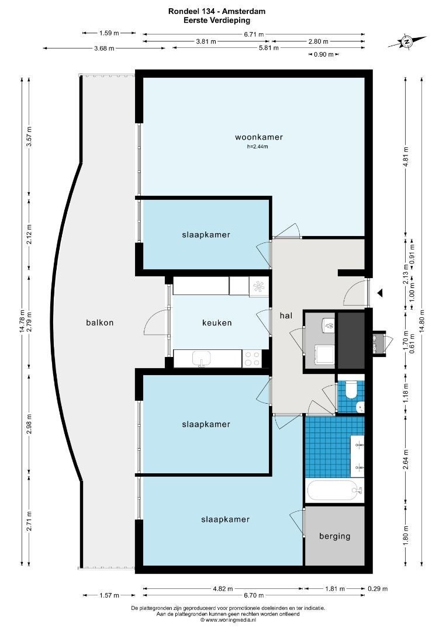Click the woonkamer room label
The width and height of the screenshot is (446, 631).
point(259,137)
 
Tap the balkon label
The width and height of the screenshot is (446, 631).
point(100,323)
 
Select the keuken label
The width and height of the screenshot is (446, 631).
point(217,323)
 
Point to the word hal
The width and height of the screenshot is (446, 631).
point(286,315)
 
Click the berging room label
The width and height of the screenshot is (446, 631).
point(335,536)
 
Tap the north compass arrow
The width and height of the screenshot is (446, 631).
point(407,41)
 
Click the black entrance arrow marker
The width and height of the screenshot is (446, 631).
point(379,293)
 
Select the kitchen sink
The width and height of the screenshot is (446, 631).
point(202,359)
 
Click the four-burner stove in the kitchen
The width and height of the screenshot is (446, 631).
point(252,359)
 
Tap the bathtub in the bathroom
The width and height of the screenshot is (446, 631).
point(335,490)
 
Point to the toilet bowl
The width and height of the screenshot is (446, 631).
point(350,390)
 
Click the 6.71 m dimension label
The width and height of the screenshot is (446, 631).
point(254,34)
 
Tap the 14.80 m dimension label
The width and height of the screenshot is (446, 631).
point(421,320)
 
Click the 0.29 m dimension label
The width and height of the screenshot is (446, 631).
point(378,588)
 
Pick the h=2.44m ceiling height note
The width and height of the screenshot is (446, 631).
point(258,147)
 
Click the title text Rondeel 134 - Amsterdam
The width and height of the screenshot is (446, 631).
point(217,11)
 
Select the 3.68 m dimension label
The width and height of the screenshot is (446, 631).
point(104,48)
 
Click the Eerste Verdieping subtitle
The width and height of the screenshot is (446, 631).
point(217,20)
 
